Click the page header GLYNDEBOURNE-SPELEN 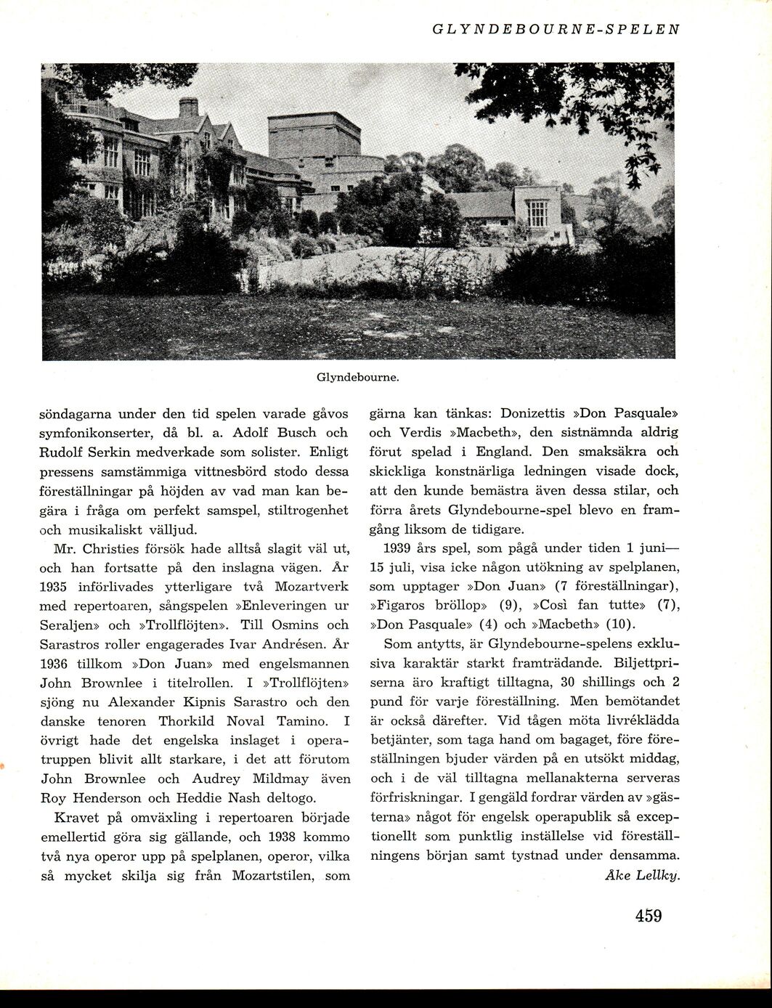556,30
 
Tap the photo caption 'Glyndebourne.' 359,378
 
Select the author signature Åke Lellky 642,874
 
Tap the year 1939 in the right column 402,548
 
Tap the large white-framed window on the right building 537,213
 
